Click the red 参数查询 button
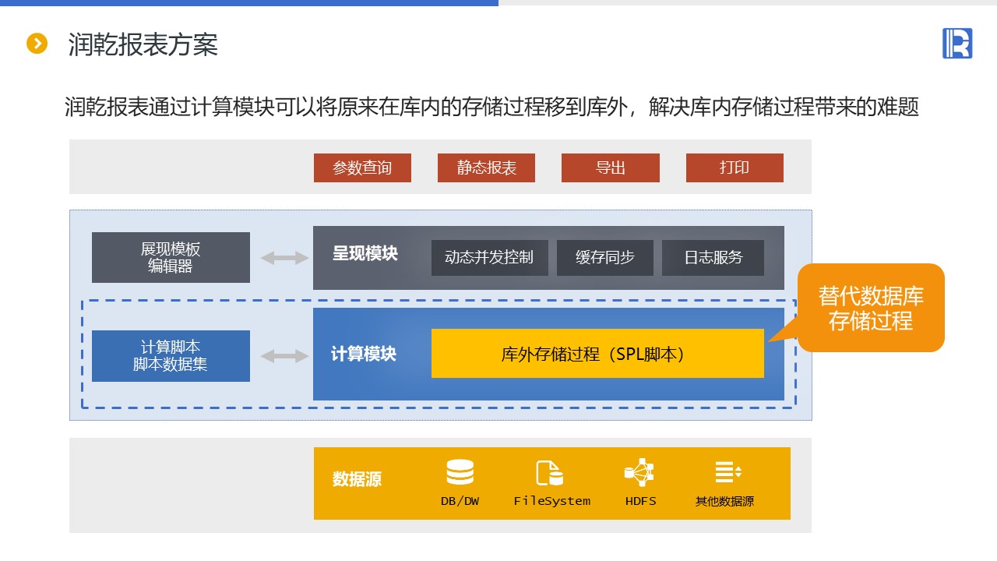(x=362, y=168)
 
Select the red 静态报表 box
(x=486, y=168)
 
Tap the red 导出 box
(x=610, y=168)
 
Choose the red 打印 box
(x=735, y=168)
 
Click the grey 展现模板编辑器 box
(x=171, y=257)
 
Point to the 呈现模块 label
(x=365, y=254)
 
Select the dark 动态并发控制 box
(x=489, y=257)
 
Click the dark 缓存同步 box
(x=604, y=257)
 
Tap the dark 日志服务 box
(x=713, y=257)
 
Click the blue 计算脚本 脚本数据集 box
(x=171, y=355)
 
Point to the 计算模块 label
(x=363, y=354)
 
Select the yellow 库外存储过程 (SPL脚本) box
(x=597, y=353)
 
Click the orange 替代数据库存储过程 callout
(x=871, y=308)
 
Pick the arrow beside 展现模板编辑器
(x=284, y=258)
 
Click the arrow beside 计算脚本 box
(x=284, y=356)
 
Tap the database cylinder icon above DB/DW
(x=460, y=472)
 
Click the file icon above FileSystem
(x=549, y=473)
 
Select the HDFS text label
(x=640, y=501)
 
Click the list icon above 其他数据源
(x=727, y=471)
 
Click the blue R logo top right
(x=957, y=43)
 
